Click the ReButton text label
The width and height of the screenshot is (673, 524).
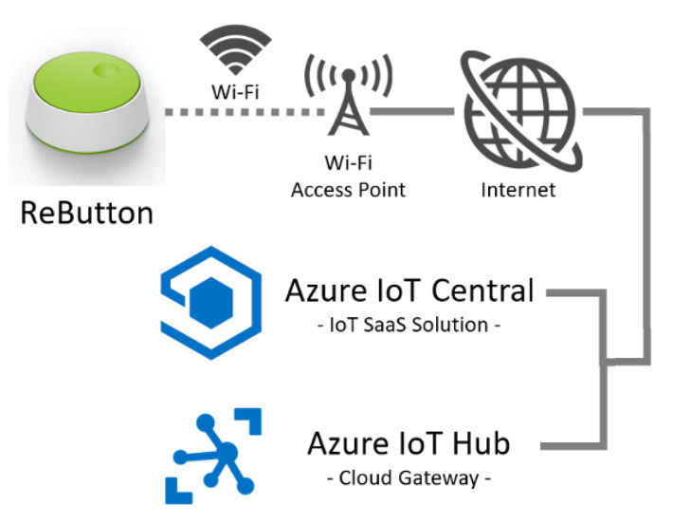coord(86,213)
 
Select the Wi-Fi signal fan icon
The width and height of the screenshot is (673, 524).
coord(235,49)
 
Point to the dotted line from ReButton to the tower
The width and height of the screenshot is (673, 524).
coord(245,112)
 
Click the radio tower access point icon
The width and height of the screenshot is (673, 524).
coord(348,95)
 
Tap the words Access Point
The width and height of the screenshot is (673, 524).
coord(348,190)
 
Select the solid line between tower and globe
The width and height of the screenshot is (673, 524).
coord(412,112)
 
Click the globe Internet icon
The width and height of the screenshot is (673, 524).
coord(520,110)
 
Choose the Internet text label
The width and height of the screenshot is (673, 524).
coord(518,190)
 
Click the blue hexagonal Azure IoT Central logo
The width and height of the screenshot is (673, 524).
coord(211,303)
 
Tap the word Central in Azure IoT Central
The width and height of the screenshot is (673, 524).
coord(482,290)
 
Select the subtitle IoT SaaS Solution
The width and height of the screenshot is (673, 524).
coord(409,325)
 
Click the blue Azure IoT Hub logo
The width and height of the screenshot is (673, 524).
coord(213,456)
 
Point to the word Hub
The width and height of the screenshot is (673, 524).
coord(482,443)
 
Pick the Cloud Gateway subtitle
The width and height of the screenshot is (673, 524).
coord(409,478)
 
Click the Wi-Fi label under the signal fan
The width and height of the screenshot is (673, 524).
coord(235,92)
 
